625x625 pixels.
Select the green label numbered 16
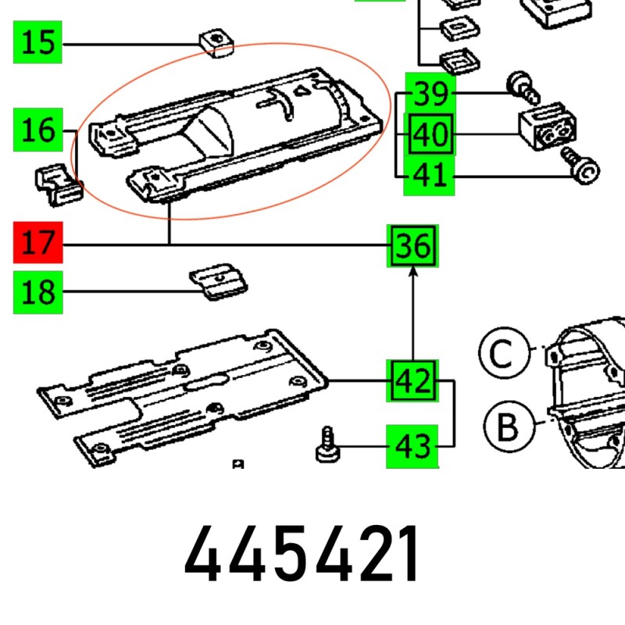(x=37, y=130)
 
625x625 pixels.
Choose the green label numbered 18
(x=37, y=293)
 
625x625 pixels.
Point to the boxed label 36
(x=413, y=247)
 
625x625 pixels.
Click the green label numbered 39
(x=429, y=94)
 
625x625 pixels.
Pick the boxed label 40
(x=429, y=136)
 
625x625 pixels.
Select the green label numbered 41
(x=429, y=176)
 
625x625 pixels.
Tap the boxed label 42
(x=413, y=381)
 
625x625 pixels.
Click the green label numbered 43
(x=413, y=446)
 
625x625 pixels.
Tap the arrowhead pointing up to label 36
(x=413, y=270)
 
